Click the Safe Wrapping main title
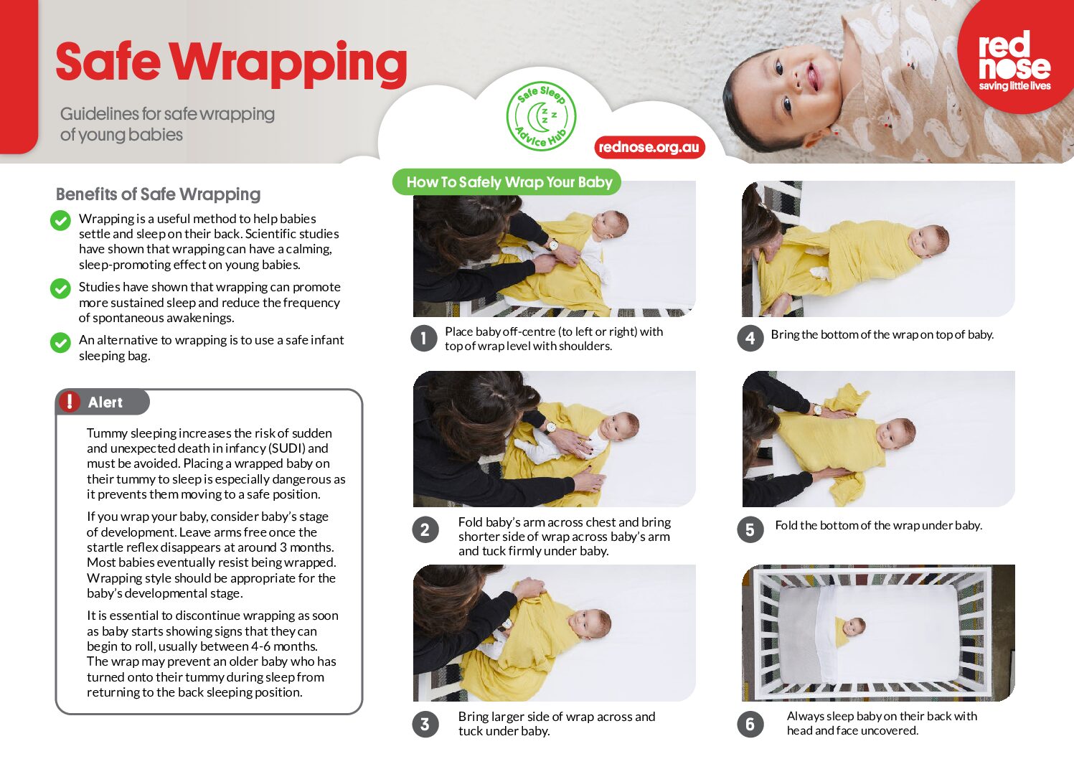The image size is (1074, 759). [x=231, y=63]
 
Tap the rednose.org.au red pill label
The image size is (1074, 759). [x=649, y=147]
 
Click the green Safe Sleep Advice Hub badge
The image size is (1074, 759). [x=542, y=116]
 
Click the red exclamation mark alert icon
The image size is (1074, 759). [x=70, y=402]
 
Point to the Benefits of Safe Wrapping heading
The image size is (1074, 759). [x=159, y=194]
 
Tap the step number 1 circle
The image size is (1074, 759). [x=424, y=339]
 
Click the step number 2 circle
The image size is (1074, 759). [x=425, y=530]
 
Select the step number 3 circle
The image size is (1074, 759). [x=425, y=724]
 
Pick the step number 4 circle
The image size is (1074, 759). [x=750, y=339]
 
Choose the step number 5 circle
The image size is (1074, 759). [x=750, y=530]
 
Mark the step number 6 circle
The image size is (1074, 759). [x=750, y=724]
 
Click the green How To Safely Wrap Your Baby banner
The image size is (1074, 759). [x=507, y=182]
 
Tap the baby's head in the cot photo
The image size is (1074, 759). [x=854, y=627]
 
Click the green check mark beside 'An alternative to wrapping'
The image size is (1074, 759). [x=60, y=342]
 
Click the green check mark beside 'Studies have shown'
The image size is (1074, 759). [x=60, y=288]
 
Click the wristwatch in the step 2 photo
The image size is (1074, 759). [x=550, y=428]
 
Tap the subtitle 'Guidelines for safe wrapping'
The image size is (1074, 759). [x=167, y=114]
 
